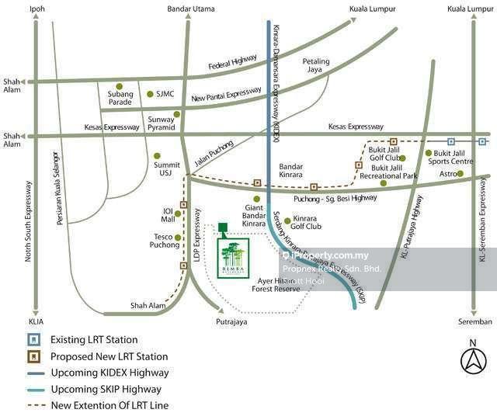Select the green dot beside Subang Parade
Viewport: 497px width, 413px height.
pyautogui.click(x=119, y=86)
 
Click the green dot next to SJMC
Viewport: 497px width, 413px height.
pyautogui.click(x=150, y=95)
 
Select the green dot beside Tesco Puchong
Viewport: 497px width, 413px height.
pyautogui.click(x=178, y=238)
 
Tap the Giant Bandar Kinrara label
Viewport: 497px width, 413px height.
pyautogui.click(x=254, y=218)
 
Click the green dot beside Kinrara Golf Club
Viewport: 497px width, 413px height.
pyautogui.click(x=287, y=220)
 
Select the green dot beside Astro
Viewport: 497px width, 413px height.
pyautogui.click(x=460, y=174)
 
